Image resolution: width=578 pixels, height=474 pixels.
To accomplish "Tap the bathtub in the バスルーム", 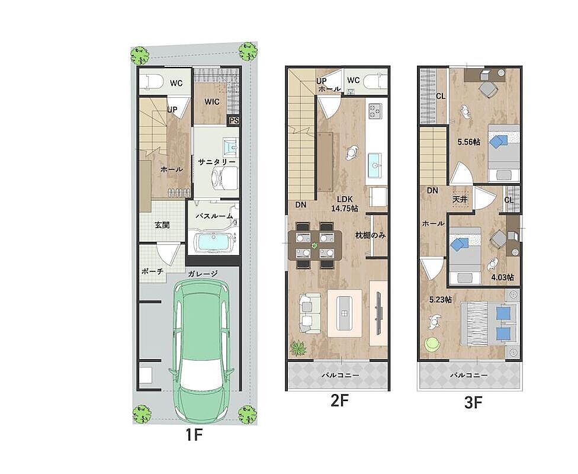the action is click(213, 242).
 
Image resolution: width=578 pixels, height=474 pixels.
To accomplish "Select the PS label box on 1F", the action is click(234, 120).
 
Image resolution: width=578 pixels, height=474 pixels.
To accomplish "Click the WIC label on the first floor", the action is click(212, 101).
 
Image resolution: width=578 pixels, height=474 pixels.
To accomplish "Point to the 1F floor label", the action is click(194, 435).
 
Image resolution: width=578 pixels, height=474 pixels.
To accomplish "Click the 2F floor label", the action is click(339, 401).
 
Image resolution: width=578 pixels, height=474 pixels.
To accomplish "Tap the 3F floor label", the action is click(473, 403).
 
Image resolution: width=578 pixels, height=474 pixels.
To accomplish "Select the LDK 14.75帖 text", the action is click(344, 204).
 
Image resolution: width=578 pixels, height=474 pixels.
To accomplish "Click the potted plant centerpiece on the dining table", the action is click(314, 245).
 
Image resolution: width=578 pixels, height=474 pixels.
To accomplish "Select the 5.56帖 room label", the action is click(468, 142).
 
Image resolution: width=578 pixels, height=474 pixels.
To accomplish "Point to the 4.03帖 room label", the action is click(502, 277).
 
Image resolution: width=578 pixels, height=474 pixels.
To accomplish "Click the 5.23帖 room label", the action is click(441, 300).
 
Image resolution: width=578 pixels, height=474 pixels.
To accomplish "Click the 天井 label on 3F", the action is click(460, 199).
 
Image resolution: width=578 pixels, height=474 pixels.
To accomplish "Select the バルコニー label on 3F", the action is click(469, 376).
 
